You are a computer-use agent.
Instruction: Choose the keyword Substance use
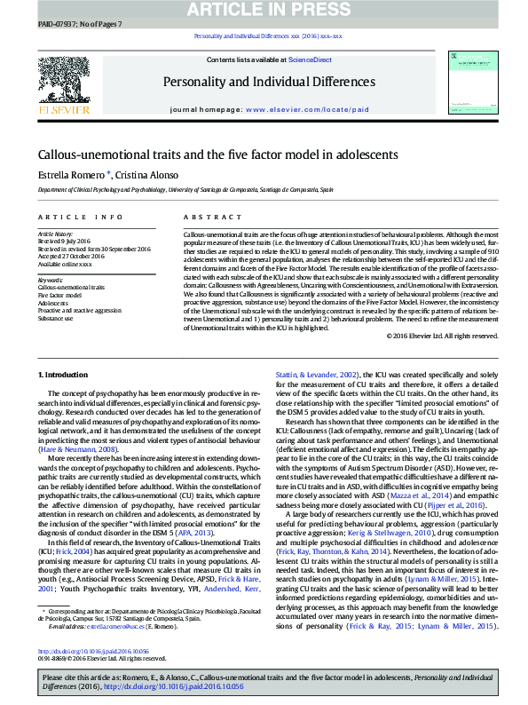(x=56, y=317)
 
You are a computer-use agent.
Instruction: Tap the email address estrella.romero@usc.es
(x=105, y=626)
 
